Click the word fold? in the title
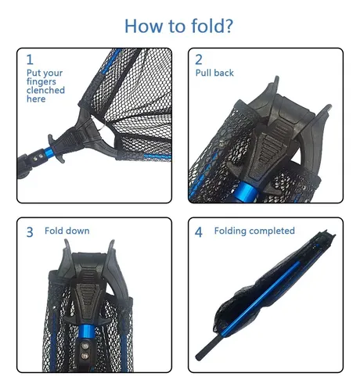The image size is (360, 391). point(212,26)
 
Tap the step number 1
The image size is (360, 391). point(30,59)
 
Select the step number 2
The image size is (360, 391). point(199,59)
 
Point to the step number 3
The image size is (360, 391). point(30,232)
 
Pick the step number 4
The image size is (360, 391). point(199,232)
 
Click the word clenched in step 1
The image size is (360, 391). point(45,90)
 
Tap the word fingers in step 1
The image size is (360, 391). point(41,82)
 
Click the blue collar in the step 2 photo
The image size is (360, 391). point(246,192)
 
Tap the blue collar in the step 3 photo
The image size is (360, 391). point(86,331)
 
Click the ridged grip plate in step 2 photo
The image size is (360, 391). point(272,146)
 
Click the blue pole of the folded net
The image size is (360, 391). point(261,300)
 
